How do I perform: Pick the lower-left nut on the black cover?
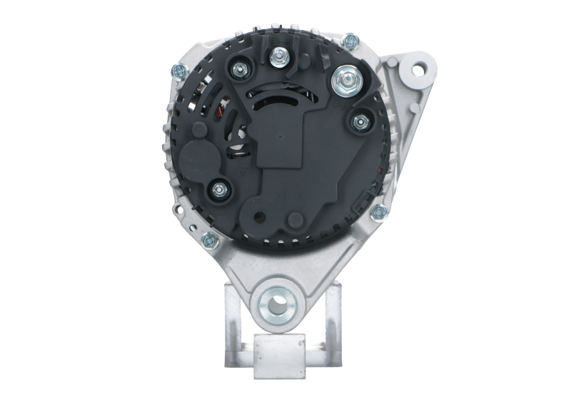[218, 190]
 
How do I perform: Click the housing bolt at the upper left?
[178, 70]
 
